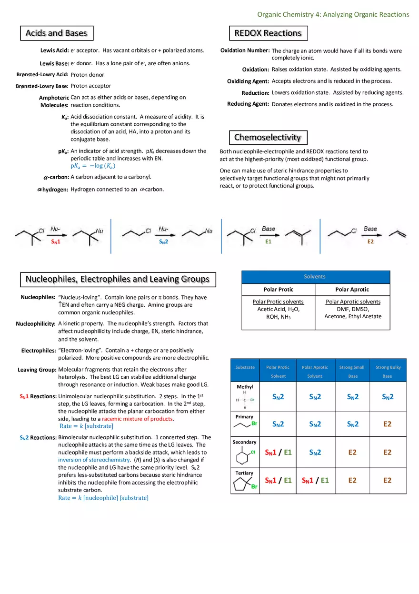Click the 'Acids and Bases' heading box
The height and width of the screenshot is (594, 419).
pyautogui.click(x=56, y=33)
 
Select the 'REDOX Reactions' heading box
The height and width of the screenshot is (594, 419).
pyautogui.click(x=268, y=33)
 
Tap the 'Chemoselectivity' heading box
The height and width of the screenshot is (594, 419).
pyautogui.click(x=268, y=138)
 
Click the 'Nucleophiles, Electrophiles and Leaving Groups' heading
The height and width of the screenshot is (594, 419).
pyautogui.click(x=117, y=279)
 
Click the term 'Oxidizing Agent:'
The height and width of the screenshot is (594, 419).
pyautogui.click(x=248, y=81)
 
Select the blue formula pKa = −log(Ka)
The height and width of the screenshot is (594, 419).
pyautogui.click(x=93, y=166)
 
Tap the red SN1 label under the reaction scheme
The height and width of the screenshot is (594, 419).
pyautogui.click(x=56, y=242)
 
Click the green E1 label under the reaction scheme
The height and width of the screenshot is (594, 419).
pyautogui.click(x=268, y=242)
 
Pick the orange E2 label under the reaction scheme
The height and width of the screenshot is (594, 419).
pyautogui.click(x=370, y=242)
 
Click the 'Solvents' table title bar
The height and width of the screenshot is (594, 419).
pyautogui.click(x=315, y=277)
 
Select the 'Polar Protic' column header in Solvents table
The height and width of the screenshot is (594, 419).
pyautogui.click(x=279, y=290)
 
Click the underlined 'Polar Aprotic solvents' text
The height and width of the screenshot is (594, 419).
pyautogui.click(x=353, y=302)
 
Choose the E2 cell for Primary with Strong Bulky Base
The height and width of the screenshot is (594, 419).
pyautogui.click(x=388, y=424)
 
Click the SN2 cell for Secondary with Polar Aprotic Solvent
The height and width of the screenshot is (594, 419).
pyautogui.click(x=315, y=452)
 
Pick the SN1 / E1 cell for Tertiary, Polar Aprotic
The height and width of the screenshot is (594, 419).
pyautogui.click(x=315, y=480)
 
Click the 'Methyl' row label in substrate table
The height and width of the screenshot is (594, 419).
pyautogui.click(x=245, y=387)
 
